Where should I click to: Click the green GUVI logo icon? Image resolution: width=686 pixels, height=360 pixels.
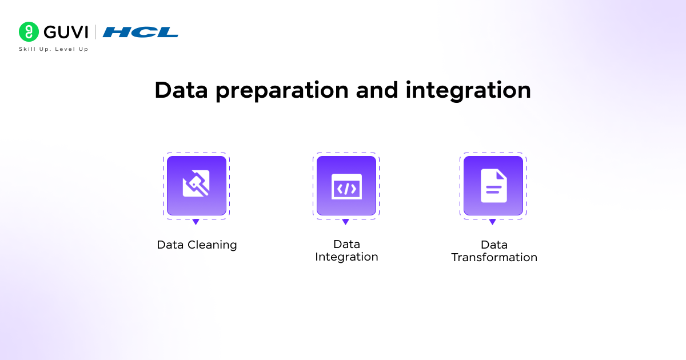coord(28,32)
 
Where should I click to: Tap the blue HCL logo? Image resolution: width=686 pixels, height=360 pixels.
coord(141,32)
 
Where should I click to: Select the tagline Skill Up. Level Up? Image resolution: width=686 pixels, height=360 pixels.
coord(54,49)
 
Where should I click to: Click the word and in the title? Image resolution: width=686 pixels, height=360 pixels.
coord(380,90)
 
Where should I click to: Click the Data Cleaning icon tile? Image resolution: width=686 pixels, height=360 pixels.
coord(196,185)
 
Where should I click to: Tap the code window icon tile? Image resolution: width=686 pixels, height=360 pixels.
coord(346,185)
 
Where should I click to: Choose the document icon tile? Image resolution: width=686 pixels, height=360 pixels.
coord(493,185)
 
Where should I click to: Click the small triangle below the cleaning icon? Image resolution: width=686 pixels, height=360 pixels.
coord(196,222)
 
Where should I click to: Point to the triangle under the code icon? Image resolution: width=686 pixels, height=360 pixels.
coord(345,222)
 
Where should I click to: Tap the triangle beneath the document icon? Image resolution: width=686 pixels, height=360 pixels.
coord(492,222)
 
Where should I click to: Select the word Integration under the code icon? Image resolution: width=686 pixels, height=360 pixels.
coord(346,257)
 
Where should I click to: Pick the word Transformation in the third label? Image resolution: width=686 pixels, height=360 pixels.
coord(494,258)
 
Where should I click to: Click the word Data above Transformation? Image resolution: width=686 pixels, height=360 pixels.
coord(494,245)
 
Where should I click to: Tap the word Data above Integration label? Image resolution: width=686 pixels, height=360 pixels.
coord(346,244)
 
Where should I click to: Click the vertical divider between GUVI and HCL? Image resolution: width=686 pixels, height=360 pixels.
coord(95,32)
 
